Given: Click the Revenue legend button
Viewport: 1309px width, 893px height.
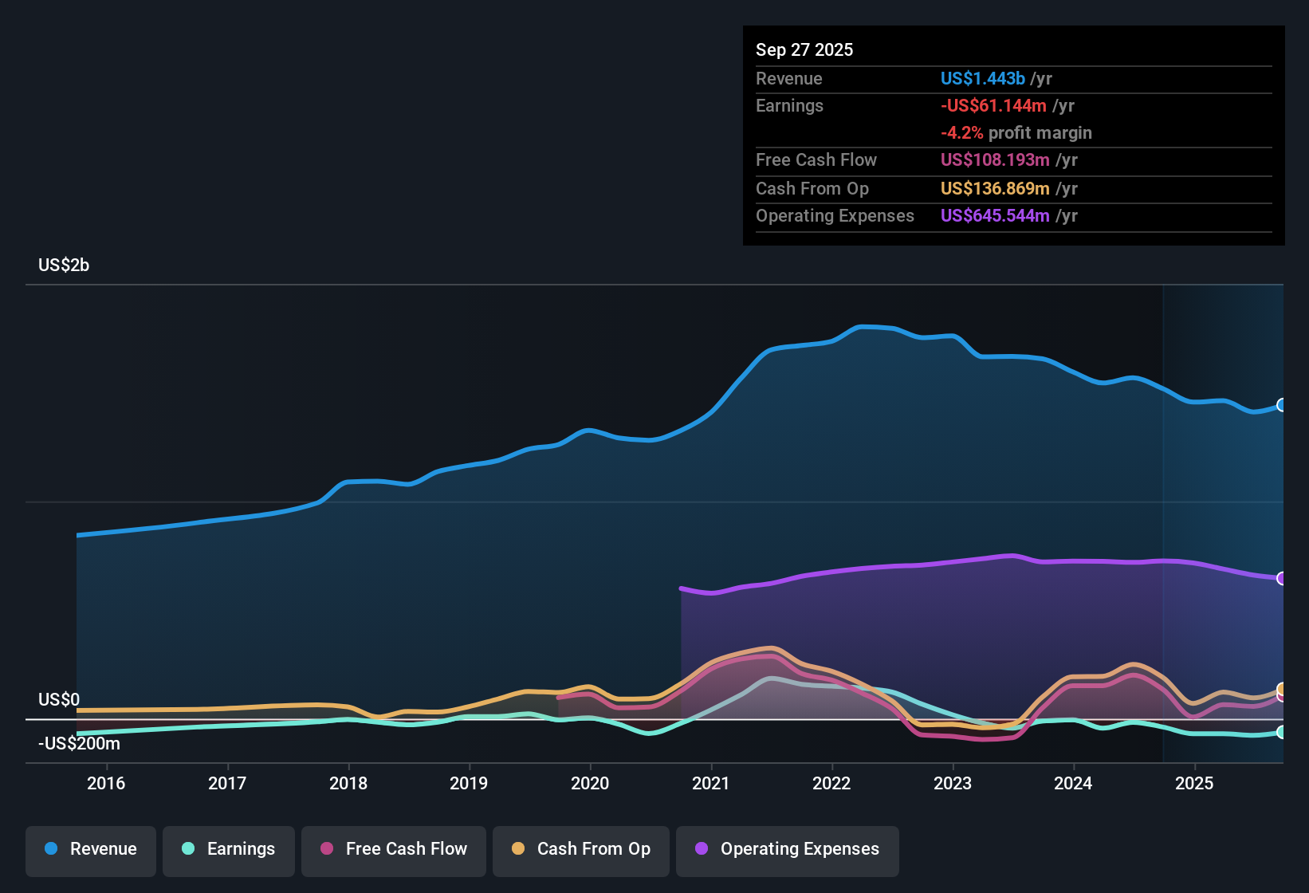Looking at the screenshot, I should (x=91, y=849).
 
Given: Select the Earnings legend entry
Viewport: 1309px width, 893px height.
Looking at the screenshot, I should (x=229, y=849).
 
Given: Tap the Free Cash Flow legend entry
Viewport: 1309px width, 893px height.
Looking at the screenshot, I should (x=394, y=849).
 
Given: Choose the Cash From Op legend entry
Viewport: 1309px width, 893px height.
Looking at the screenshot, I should (x=581, y=849).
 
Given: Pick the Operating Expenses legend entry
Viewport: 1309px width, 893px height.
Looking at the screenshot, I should (x=788, y=849).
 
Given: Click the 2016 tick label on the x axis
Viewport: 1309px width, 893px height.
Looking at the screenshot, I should (x=106, y=783).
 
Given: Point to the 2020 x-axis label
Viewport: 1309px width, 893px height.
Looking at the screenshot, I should (x=590, y=783).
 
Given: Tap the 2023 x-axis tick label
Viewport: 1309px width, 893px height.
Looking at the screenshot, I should (x=953, y=783).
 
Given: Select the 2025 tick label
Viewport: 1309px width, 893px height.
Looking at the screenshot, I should (x=1194, y=783).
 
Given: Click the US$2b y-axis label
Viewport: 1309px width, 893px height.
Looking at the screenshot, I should (x=64, y=266).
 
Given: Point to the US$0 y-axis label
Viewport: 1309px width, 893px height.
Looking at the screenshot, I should (x=59, y=699).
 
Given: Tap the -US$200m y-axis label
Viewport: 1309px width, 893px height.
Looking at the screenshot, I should (x=79, y=744).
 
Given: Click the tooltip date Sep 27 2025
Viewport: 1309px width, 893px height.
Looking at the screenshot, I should (x=804, y=49).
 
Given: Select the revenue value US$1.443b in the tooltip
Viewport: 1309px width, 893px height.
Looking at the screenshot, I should (x=982, y=78).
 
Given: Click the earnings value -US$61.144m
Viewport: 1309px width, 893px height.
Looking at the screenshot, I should (x=993, y=105).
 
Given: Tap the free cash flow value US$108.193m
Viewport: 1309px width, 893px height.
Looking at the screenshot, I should (x=995, y=159).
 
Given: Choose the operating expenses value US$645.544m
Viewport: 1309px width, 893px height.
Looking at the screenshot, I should (x=995, y=215).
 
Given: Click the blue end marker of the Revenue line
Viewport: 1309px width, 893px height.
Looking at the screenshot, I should (x=1281, y=405).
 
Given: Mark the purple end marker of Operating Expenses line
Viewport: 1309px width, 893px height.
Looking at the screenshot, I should (x=1281, y=578).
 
